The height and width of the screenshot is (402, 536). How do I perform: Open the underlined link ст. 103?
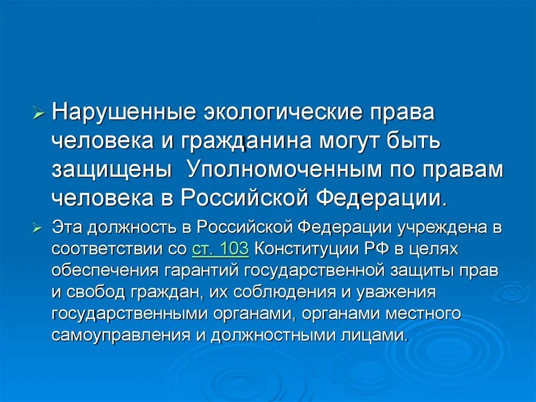tap(220, 249)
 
